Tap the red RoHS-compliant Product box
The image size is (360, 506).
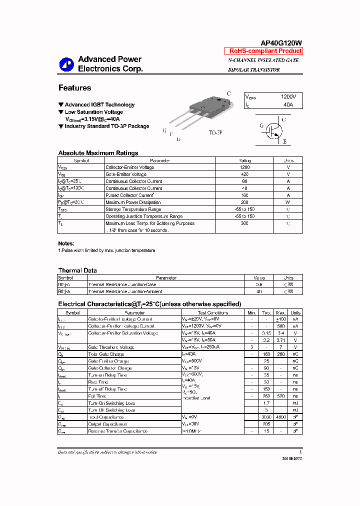coord(265,51)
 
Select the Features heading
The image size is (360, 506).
coord(74,88)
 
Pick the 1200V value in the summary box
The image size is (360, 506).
coord(288,96)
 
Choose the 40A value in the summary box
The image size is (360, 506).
coord(288,105)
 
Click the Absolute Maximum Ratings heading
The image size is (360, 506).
coord(98,153)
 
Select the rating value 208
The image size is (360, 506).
coord(244,202)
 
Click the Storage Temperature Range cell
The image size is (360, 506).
coord(133,209)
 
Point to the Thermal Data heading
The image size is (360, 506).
coord(77,270)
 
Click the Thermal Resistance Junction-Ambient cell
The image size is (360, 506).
coord(125,291)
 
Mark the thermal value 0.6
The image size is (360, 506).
coord(259,284)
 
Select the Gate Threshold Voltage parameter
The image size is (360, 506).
coord(111,347)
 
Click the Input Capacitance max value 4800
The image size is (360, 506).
coord(281,417)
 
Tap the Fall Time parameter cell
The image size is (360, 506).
coord(97,396)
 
